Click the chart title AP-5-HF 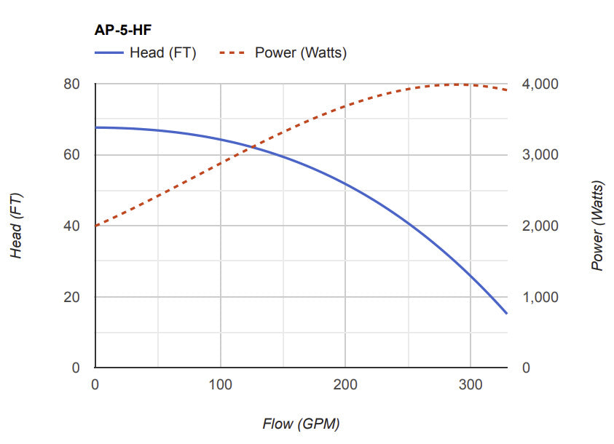123,31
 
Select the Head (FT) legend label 162,52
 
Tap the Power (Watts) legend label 300,52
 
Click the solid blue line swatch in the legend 109,52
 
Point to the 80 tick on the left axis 71,84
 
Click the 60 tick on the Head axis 71,155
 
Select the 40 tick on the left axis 71,226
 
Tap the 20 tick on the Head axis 71,297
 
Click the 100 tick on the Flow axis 220,384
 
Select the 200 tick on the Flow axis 345,384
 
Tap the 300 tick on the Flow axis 471,384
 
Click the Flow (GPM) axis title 301,423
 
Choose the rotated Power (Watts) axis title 598,226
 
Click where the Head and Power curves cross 252,148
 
